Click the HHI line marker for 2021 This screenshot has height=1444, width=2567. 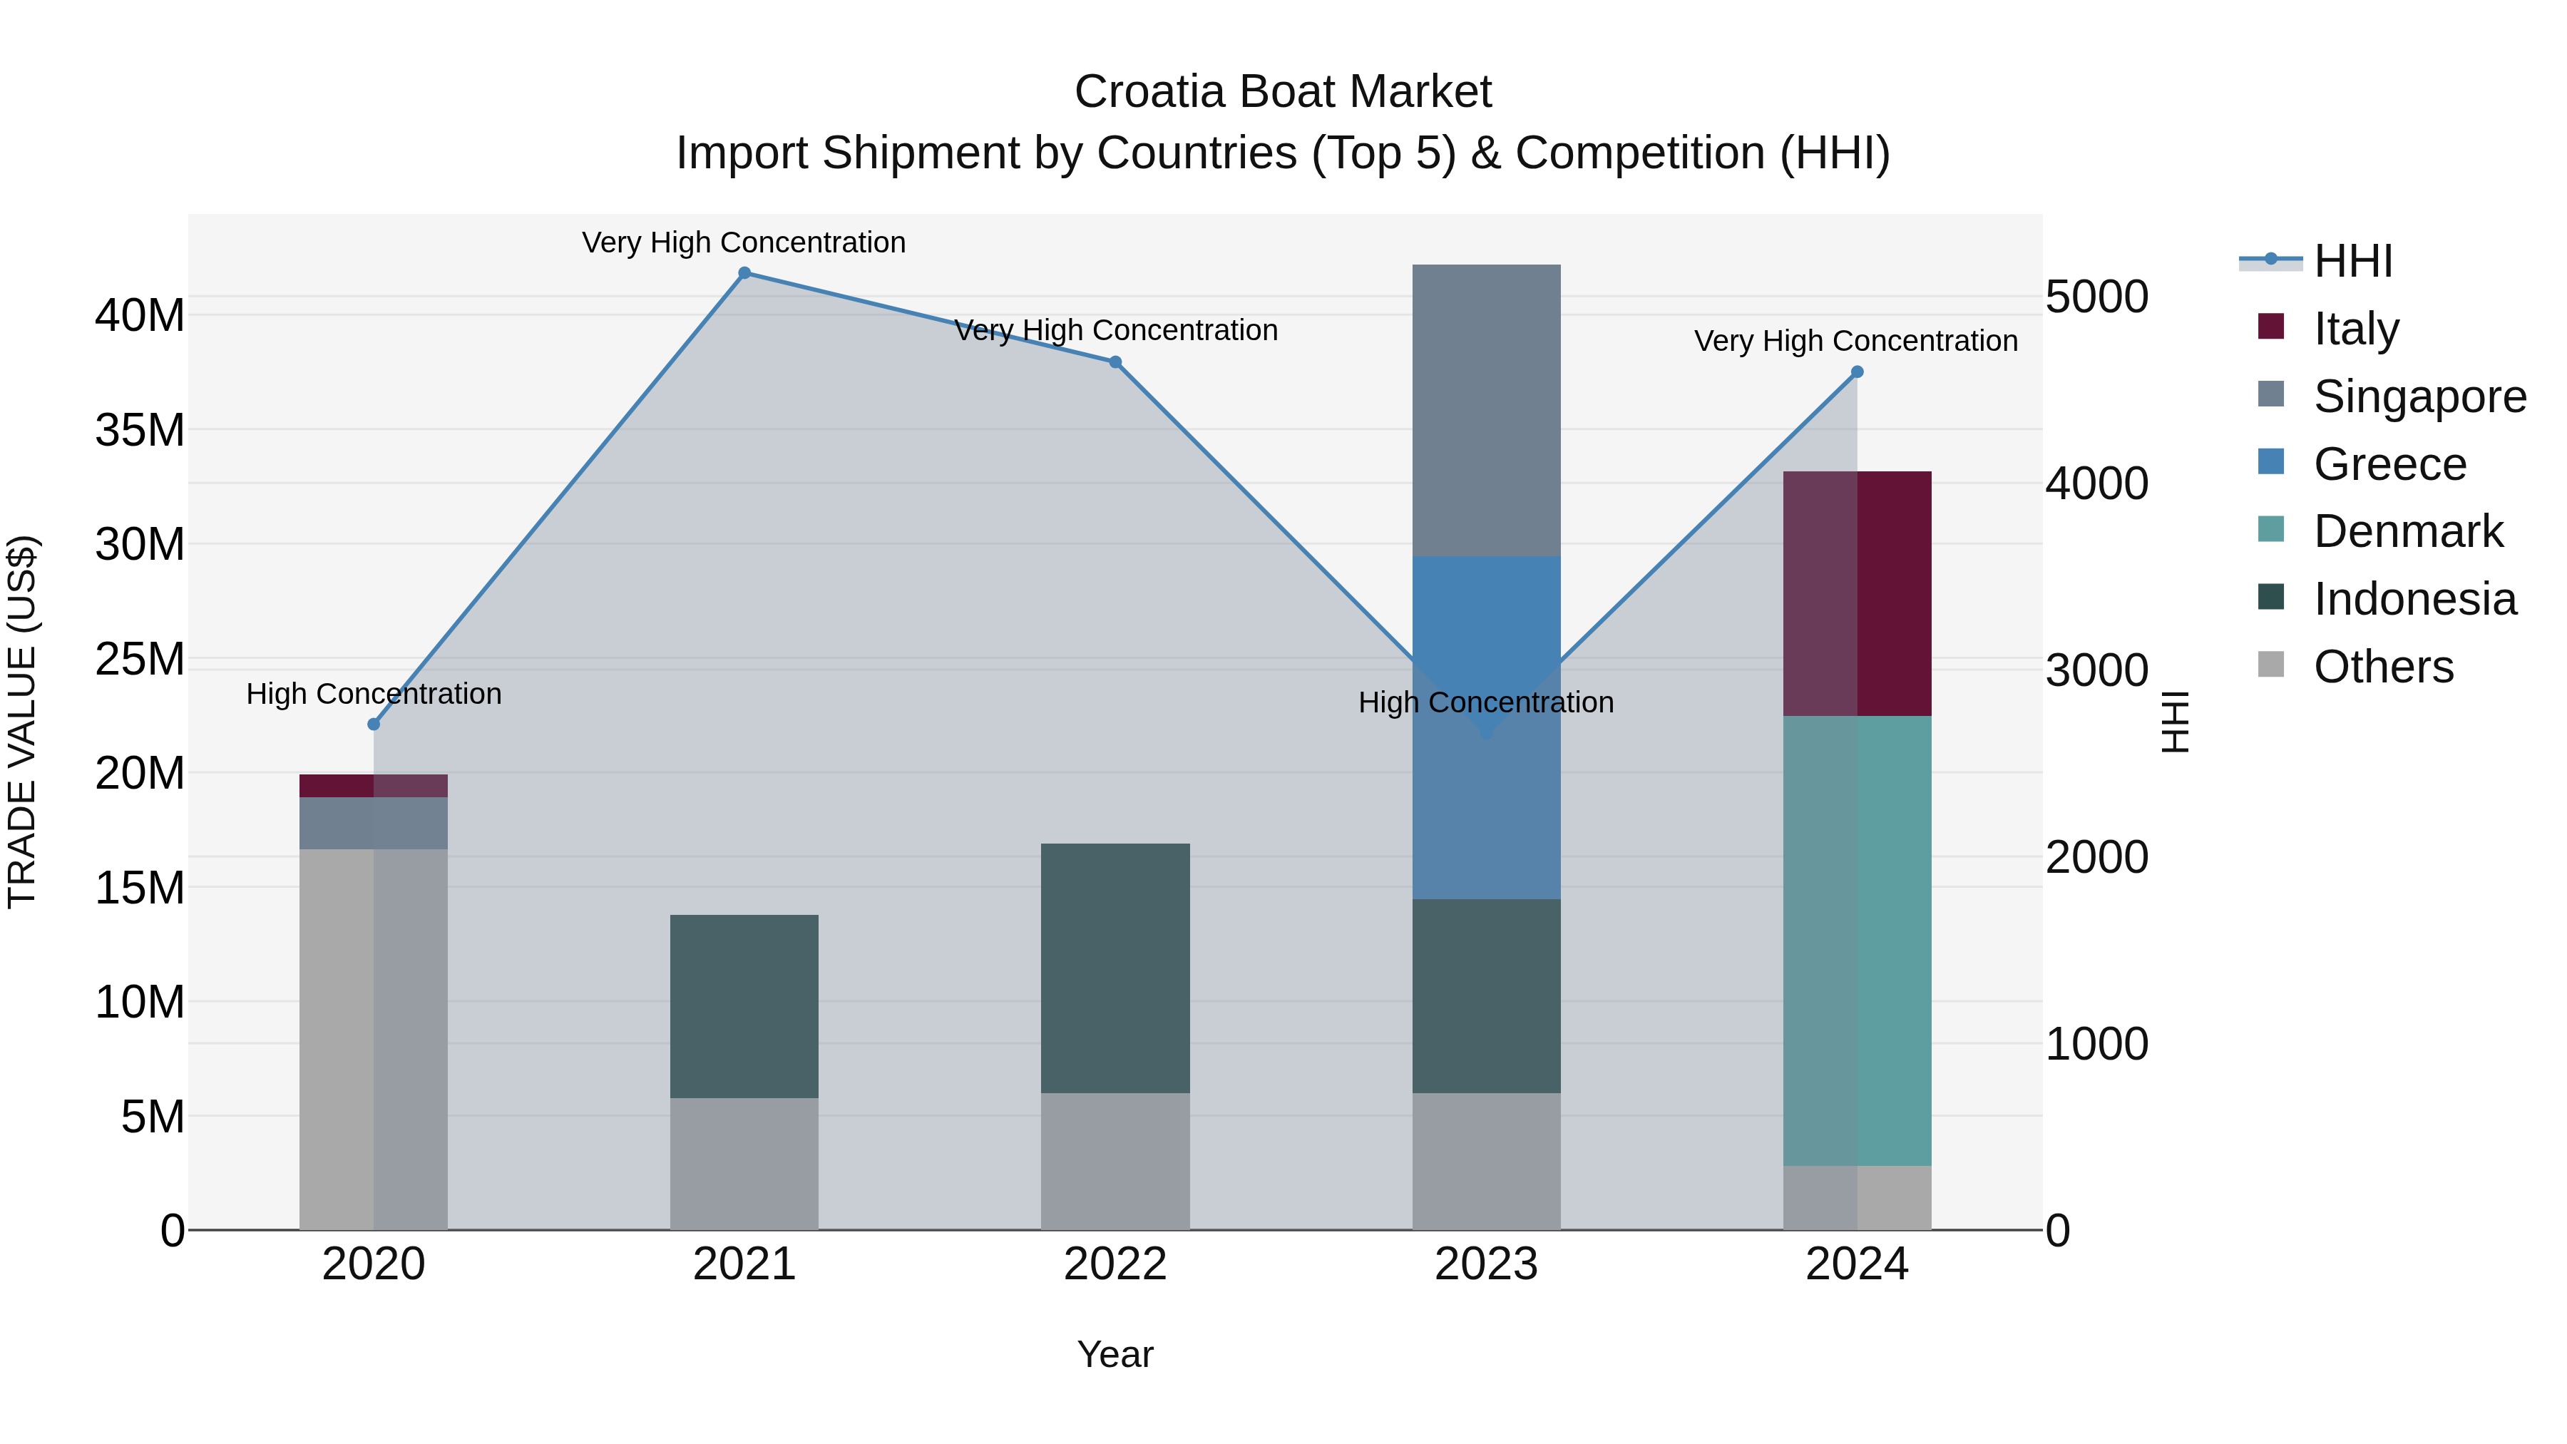pyautogui.click(x=744, y=273)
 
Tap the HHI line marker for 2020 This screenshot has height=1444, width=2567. pyautogui.click(x=374, y=724)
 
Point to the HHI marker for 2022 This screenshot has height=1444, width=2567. pyautogui.click(x=1116, y=363)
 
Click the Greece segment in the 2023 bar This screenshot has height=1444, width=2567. pyautogui.click(x=1487, y=727)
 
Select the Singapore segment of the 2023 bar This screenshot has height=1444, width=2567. pyautogui.click(x=1487, y=409)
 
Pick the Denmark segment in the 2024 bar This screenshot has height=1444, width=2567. pyautogui.click(x=1858, y=941)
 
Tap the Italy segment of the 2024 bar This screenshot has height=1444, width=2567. pyautogui.click(x=1858, y=594)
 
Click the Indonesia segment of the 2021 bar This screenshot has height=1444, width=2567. pyautogui.click(x=744, y=1006)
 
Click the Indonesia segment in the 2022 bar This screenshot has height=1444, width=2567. pyautogui.click(x=1116, y=968)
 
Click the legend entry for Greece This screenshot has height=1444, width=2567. pyautogui.click(x=2389, y=464)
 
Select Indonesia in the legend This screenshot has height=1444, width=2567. pyautogui.click(x=2414, y=600)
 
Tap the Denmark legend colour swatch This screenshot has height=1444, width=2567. pyautogui.click(x=2271, y=529)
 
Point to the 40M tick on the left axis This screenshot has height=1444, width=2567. pyautogui.click(x=140, y=316)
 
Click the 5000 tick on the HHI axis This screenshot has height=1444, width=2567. pyautogui.click(x=2096, y=297)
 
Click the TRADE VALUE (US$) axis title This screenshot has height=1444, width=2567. pyautogui.click(x=23, y=722)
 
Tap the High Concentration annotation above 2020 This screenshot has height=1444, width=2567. pyautogui.click(x=374, y=694)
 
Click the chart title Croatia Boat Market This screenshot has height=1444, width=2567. pyautogui.click(x=1283, y=92)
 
